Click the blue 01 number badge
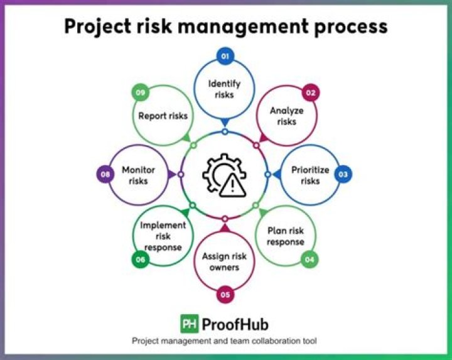click(225, 56)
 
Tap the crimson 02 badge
click(311, 92)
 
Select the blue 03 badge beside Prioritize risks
click(343, 174)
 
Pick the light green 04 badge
click(309, 259)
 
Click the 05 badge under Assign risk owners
click(225, 295)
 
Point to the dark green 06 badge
click(141, 259)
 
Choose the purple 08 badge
click(105, 174)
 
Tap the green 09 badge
click(141, 92)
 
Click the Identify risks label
click(224, 89)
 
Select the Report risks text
click(163, 116)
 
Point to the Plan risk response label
click(286, 236)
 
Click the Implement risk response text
click(163, 236)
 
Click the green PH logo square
click(190, 324)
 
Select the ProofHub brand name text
click(235, 324)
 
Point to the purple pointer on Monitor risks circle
click(172, 174)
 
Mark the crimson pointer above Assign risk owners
click(225, 228)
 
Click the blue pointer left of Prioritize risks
click(277, 174)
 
